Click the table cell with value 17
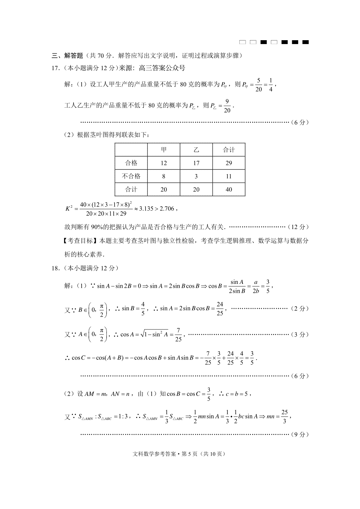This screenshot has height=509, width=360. tap(196, 163)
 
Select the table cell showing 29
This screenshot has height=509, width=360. tap(229, 163)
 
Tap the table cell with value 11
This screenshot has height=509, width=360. tap(229, 176)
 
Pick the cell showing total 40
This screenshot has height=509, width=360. tap(229, 189)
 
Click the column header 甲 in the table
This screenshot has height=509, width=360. tap(164, 150)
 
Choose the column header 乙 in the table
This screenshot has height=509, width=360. tap(196, 150)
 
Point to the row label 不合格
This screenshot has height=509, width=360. tap(131, 176)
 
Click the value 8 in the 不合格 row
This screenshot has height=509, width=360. tap(164, 176)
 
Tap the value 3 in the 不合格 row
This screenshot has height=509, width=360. tap(196, 176)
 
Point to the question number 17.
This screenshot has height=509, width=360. tap(55, 68)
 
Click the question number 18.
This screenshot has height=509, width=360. tap(55, 268)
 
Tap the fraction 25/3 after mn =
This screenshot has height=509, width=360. tap(284, 417)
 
